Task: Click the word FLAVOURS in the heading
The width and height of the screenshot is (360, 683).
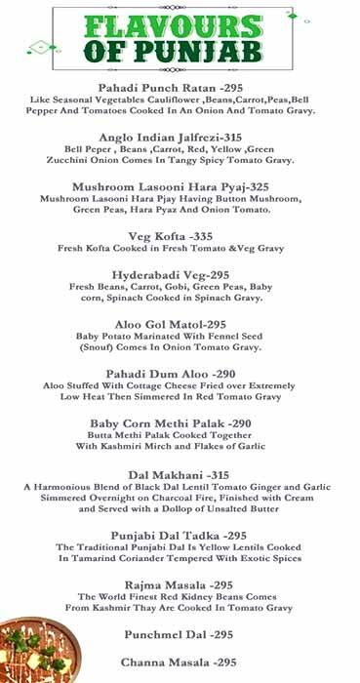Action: pos(178,25)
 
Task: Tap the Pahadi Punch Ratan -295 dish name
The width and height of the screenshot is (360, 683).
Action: pos(179,88)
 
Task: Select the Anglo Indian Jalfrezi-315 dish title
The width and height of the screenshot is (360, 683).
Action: pos(179,140)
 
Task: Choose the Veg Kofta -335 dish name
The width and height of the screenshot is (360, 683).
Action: pos(179,236)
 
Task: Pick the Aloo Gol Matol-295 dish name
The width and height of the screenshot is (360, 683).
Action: pos(179,324)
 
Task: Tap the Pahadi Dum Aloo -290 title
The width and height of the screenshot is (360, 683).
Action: pos(179,374)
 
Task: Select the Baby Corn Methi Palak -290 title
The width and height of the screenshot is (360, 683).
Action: pos(179,423)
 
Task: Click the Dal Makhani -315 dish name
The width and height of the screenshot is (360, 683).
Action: pos(179,473)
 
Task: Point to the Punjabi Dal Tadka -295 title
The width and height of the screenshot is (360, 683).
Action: pos(179,536)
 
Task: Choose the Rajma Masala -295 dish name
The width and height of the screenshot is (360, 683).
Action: pos(179,583)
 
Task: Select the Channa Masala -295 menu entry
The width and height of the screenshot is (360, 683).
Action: pos(179,663)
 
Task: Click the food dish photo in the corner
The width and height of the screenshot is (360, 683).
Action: pos(29,649)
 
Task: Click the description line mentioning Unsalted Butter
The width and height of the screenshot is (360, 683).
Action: pos(179,509)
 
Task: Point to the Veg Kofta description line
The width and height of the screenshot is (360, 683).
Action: pos(179,249)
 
